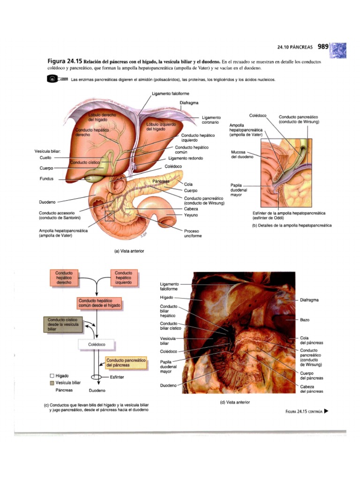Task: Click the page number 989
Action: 323,46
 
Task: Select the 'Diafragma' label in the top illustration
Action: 188,103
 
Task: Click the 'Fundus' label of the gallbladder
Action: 47,179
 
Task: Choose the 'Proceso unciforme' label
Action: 193,233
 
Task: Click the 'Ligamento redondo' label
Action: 186,158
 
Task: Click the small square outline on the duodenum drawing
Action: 110,216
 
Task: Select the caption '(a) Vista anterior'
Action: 129,251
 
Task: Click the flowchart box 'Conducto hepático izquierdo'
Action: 123,278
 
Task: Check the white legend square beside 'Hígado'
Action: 52,376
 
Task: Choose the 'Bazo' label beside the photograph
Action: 305,320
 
